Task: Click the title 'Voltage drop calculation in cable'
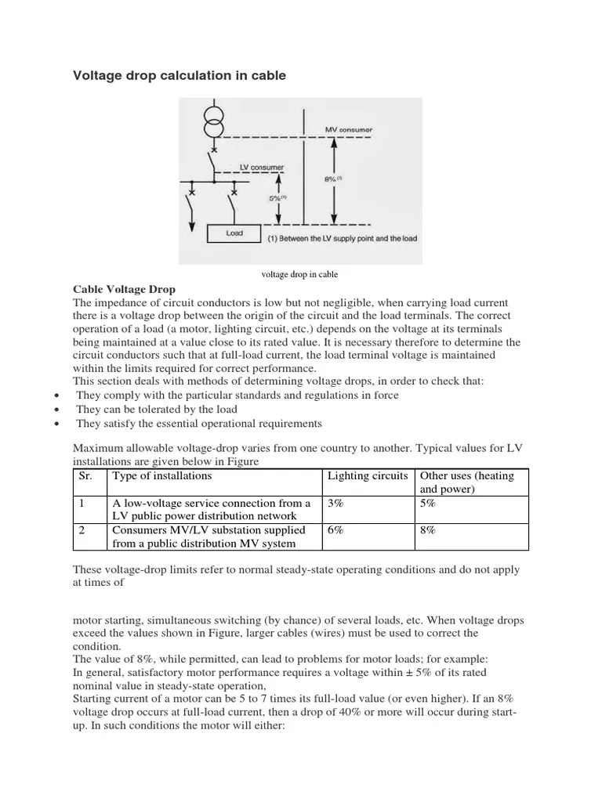180,76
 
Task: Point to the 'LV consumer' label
261,168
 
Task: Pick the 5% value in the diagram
277,197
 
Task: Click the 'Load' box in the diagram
234,233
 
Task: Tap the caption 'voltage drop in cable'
300,274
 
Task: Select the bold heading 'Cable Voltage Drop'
124,289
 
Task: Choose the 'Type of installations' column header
162,475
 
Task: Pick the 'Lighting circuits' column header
368,475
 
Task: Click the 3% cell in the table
335,504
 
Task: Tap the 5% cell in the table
428,504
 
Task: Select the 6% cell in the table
335,530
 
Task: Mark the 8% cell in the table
428,530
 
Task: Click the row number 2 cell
82,530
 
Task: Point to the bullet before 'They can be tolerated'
59,410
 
